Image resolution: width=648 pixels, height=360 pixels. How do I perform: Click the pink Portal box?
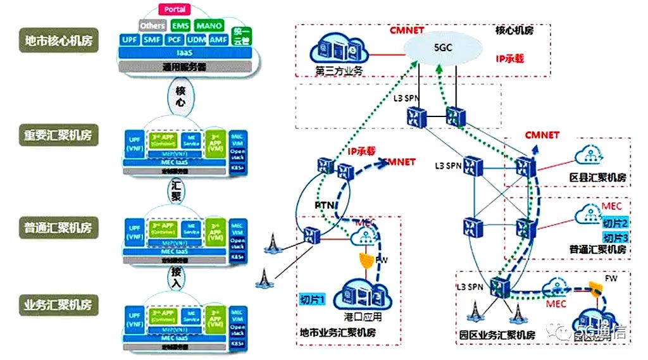175,10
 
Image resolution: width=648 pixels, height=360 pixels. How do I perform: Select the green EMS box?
180,26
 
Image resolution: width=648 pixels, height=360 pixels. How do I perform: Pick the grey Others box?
153,26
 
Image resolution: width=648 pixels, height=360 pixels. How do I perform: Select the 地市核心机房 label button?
58,40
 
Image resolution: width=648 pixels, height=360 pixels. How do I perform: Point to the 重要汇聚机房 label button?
58,135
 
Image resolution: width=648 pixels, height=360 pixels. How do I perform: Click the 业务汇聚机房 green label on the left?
58,305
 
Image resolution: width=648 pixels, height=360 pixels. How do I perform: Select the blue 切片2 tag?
614,223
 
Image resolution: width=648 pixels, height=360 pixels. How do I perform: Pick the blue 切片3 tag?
614,238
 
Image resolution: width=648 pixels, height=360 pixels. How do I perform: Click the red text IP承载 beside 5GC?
512,58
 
